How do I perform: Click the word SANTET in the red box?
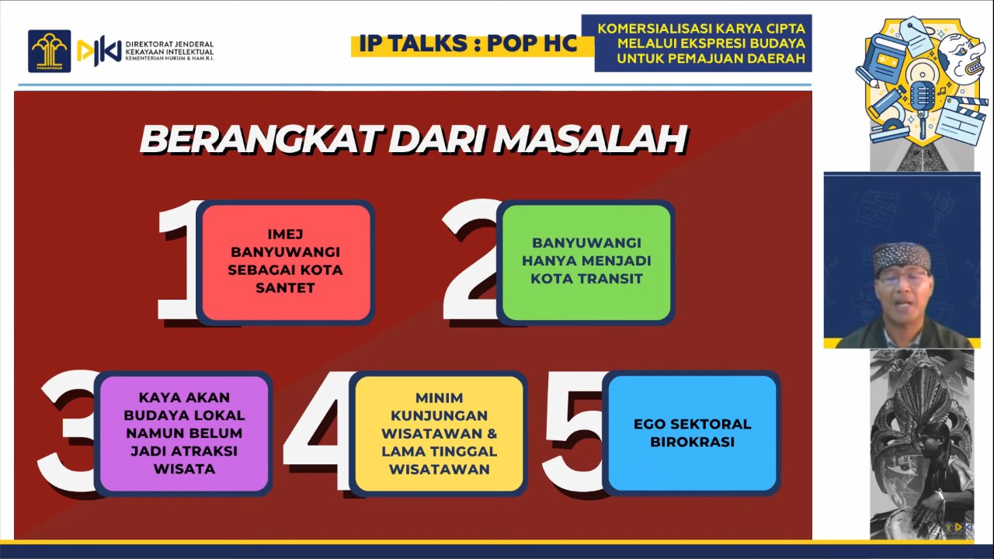pyautogui.click(x=285, y=288)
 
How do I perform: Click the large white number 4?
pyautogui.click(x=318, y=432)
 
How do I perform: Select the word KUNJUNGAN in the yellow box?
pyautogui.click(x=439, y=415)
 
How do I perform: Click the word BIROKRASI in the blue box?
pyautogui.click(x=692, y=443)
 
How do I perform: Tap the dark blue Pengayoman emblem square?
pyautogui.click(x=49, y=51)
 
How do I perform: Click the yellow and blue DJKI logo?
pyautogui.click(x=99, y=52)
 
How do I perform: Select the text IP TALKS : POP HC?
pyautogui.click(x=468, y=43)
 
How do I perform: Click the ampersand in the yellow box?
pyautogui.click(x=492, y=433)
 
